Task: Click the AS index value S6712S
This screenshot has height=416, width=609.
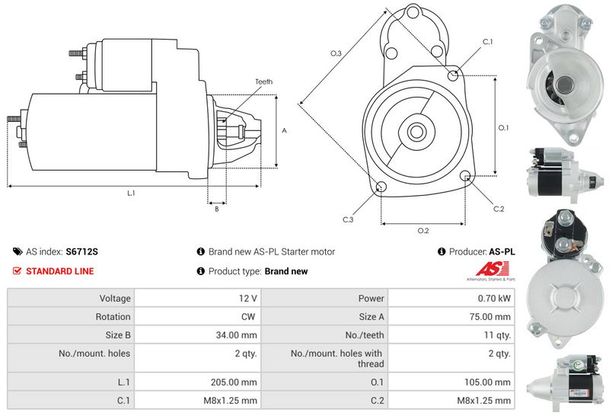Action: click(x=81, y=251)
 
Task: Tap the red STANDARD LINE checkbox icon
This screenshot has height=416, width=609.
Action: click(x=17, y=271)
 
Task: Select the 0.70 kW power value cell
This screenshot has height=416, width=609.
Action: click(x=451, y=298)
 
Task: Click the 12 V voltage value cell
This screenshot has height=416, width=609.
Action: click(x=198, y=298)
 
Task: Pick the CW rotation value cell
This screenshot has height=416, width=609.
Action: click(x=198, y=316)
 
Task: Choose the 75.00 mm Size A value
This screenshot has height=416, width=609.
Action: click(x=489, y=317)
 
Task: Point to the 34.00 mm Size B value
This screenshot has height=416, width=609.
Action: click(x=236, y=335)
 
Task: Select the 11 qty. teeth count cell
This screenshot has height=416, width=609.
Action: click(x=451, y=334)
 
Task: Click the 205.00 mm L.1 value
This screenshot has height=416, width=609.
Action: click(x=234, y=382)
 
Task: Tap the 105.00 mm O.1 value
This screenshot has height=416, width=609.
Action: click(x=487, y=382)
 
